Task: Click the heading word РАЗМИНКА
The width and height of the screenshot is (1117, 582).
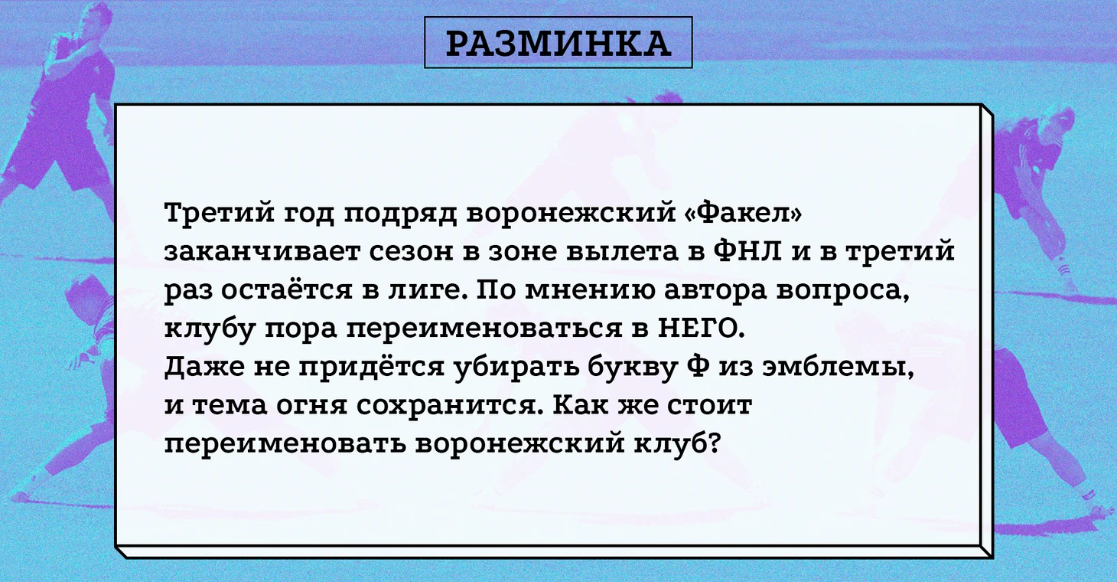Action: pos(558,44)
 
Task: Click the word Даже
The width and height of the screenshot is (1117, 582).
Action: pos(204,368)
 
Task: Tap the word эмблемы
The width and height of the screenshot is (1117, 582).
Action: pos(839,368)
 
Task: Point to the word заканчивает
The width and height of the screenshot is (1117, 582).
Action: pos(262,251)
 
